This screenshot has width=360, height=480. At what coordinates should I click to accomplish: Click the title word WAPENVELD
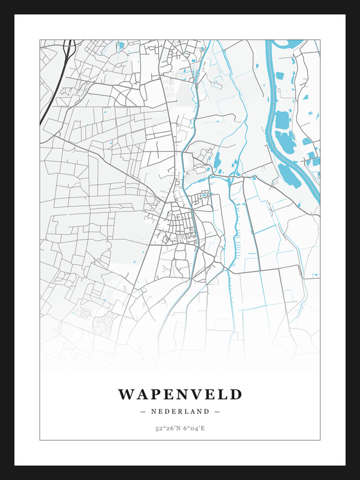pyautogui.click(x=180, y=394)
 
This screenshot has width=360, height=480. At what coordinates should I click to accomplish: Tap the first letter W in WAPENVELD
pyautogui.click(x=125, y=394)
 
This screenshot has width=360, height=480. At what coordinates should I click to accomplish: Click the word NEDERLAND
pyautogui.click(x=180, y=411)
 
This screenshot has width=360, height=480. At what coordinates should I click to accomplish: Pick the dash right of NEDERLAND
pyautogui.click(x=217, y=411)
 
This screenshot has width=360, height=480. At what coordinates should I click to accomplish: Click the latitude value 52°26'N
pyautogui.click(x=166, y=428)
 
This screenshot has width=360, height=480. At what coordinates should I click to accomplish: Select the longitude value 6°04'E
pyautogui.click(x=194, y=428)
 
